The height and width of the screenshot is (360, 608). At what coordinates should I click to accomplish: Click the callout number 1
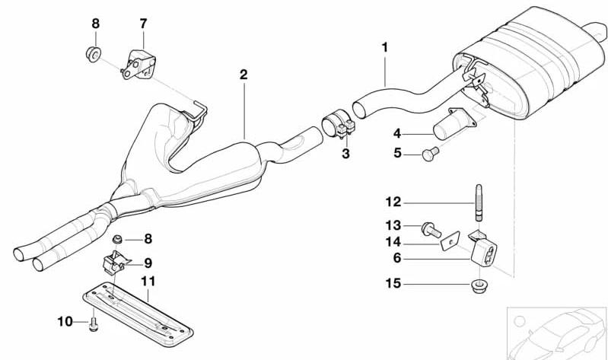384,48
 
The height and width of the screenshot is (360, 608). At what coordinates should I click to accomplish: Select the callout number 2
243,75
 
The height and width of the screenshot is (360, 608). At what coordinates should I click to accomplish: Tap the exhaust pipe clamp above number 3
338,124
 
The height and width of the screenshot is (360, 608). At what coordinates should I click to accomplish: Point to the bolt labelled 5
430,154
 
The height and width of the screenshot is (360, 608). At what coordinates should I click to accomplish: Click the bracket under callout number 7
138,65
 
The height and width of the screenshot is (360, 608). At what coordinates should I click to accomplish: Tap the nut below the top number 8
94,54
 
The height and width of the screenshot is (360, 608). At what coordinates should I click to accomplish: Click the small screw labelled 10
94,324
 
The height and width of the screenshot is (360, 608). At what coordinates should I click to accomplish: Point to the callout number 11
148,282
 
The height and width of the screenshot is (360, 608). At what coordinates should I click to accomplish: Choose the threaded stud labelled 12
479,202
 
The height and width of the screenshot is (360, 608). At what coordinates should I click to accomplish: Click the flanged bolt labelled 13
431,229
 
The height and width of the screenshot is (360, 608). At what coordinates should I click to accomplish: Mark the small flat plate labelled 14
450,241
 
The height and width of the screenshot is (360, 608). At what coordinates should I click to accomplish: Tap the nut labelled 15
479,286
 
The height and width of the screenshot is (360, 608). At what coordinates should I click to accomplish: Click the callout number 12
393,202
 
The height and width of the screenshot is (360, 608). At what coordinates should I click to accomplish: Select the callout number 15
393,284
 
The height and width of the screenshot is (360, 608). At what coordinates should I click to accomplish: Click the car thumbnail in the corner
557,333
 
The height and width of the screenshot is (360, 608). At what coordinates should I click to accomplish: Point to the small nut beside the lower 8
116,239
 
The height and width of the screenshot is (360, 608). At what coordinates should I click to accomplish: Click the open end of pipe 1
359,109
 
